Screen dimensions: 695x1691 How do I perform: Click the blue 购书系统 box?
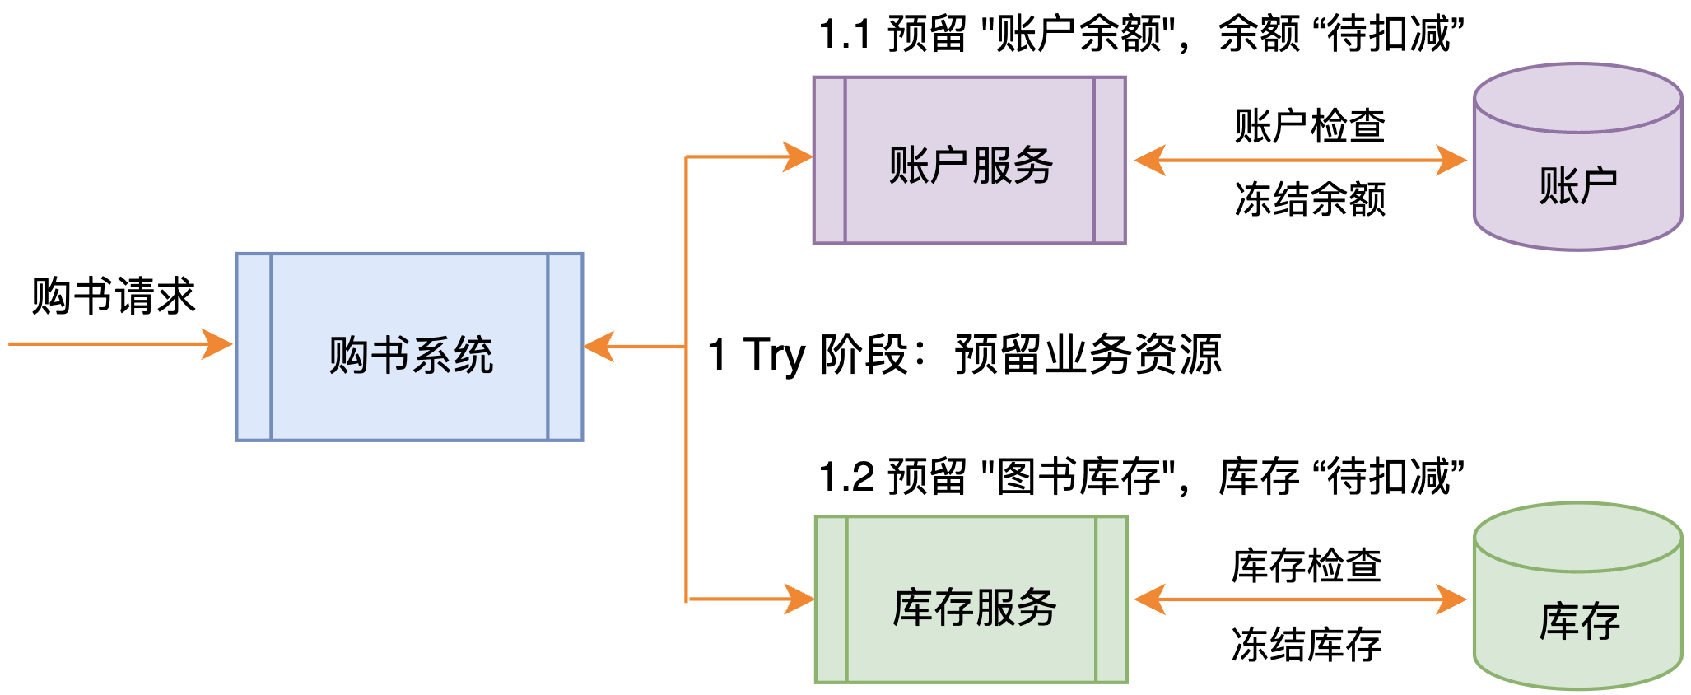click(409, 347)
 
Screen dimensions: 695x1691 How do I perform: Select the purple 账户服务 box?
click(969, 161)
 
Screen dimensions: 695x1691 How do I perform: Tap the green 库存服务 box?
click(971, 599)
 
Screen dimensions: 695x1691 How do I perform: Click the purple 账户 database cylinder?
click(1577, 165)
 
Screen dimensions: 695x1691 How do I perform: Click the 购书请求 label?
click(114, 296)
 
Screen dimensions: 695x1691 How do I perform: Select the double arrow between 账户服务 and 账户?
click(1300, 161)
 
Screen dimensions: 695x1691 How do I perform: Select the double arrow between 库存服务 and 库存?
click(1300, 599)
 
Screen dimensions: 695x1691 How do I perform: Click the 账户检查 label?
click(1310, 126)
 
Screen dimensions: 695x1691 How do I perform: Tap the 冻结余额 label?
click(1310, 199)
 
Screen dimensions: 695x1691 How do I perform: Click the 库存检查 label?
click(1307, 566)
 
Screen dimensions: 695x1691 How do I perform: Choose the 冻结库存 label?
click(1307, 644)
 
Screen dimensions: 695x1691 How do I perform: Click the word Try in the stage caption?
click(773, 355)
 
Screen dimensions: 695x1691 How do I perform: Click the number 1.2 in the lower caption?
click(846, 478)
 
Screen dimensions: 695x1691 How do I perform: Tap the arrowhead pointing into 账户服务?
click(797, 156)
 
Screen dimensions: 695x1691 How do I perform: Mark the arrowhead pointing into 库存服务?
click(799, 599)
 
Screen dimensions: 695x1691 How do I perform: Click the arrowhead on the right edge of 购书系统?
click(599, 347)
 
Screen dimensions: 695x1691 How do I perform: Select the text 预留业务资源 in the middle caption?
click(1088, 355)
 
